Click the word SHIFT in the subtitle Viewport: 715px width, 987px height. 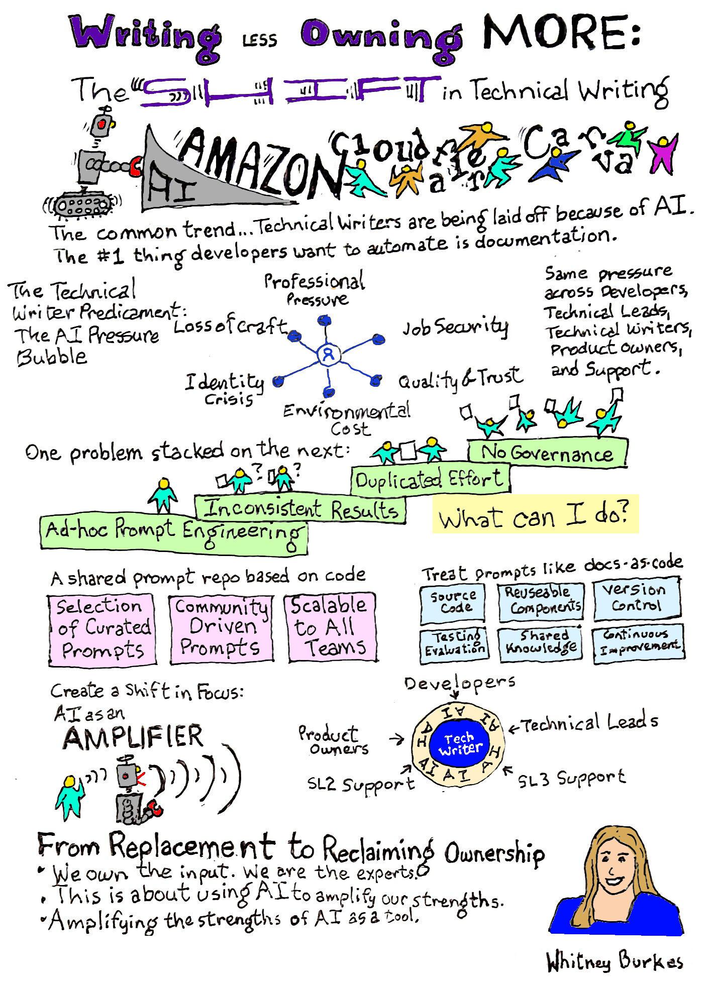(286, 92)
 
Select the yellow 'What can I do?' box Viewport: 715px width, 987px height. (535, 513)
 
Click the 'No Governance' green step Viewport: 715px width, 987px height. (548, 453)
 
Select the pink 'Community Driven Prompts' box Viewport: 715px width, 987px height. (221, 628)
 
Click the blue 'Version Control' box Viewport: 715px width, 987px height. (637, 599)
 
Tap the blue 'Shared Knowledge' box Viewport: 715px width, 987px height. (541, 643)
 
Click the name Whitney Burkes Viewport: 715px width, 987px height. (615, 961)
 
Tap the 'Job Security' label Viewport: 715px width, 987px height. (455, 327)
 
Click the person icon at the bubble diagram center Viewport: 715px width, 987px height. (329, 355)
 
